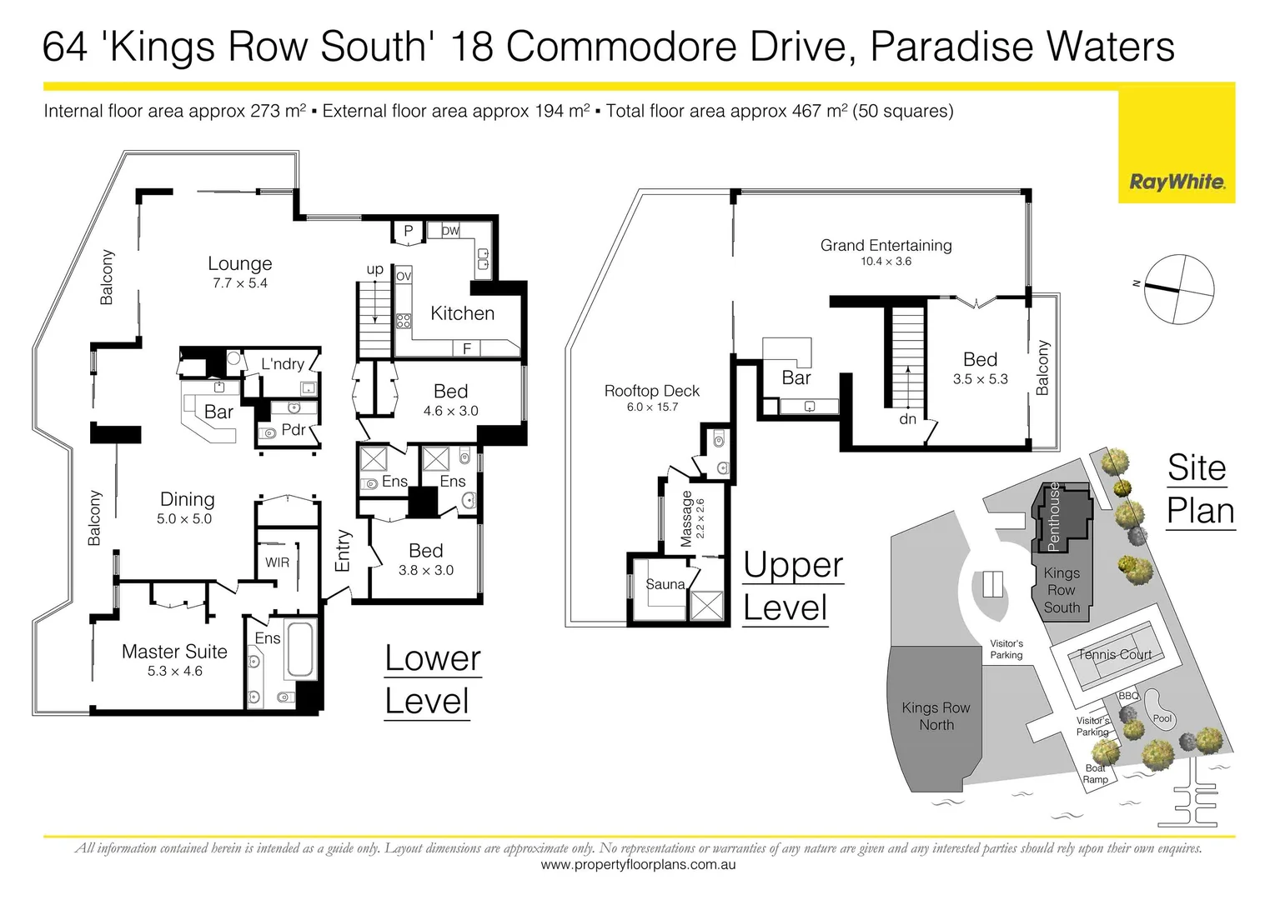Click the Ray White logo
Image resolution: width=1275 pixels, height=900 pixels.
(1177, 182)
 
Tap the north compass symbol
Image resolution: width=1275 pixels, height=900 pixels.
(1178, 289)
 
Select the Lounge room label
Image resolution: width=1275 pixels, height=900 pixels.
(239, 264)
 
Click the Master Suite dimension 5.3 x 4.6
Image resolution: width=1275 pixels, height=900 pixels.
(174, 671)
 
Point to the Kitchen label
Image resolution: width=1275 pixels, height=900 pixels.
(462, 313)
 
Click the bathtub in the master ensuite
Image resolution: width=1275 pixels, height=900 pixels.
(300, 650)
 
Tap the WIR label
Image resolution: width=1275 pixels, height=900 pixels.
(278, 562)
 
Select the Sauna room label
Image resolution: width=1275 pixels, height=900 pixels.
(665, 584)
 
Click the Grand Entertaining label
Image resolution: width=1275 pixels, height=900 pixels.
(886, 245)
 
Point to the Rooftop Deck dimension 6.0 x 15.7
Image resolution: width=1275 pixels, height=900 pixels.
(652, 407)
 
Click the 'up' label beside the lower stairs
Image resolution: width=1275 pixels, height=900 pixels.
(375, 269)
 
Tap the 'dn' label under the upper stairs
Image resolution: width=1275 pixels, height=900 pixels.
(908, 419)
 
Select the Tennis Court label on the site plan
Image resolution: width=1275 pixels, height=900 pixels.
(1114, 654)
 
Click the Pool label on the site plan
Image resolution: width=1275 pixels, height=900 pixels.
(1162, 718)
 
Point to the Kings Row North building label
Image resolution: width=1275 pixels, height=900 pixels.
(936, 716)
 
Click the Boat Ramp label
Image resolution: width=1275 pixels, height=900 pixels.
(1095, 774)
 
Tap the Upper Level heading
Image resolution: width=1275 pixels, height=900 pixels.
(792, 587)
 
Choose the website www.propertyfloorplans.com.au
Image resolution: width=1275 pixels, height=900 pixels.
(638, 865)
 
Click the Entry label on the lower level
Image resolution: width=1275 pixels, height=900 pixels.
(343, 551)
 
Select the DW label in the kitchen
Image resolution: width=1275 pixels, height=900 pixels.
(450, 231)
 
